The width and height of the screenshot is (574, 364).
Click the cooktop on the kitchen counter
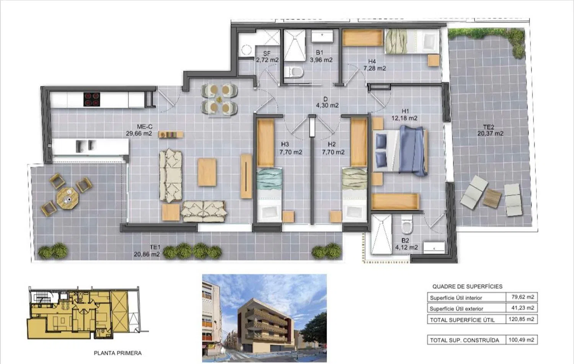tap(92, 99)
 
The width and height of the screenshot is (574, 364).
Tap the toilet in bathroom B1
tap(294, 72)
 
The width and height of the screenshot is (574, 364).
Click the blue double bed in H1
tap(400, 151)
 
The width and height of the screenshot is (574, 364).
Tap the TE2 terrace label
tap(489, 127)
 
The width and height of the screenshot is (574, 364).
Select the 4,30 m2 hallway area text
tap(327, 105)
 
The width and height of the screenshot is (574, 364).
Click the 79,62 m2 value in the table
tap(523, 297)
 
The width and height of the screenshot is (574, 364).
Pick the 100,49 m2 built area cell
tap(522, 340)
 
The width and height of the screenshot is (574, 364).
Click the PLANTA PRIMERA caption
tap(117, 353)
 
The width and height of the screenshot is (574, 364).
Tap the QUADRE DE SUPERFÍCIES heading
tap(467, 287)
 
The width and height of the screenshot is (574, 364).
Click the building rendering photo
tap(264, 318)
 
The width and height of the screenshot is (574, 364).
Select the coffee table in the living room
tap(207, 172)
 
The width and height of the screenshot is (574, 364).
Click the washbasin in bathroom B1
tap(322, 36)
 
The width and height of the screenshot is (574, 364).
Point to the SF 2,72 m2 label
tap(267, 57)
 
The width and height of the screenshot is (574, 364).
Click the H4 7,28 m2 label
tap(374, 65)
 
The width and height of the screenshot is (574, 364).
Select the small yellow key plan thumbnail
tap(87, 313)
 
